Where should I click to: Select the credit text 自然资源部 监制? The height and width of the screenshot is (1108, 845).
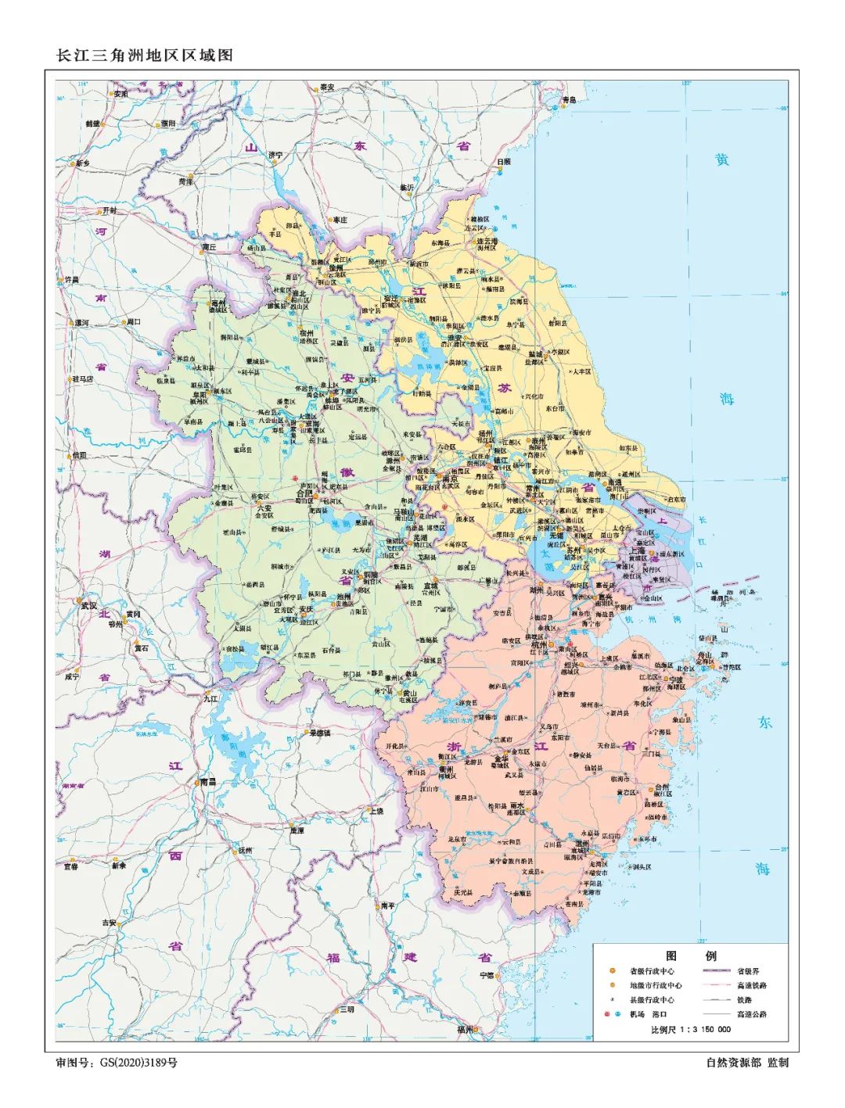point(746,1063)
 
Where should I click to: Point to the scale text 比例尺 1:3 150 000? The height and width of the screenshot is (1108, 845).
point(691,1029)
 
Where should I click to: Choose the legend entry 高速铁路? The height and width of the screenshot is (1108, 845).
point(751,985)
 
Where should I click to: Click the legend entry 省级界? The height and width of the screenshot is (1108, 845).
point(748,971)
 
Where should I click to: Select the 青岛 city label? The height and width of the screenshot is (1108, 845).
point(569,99)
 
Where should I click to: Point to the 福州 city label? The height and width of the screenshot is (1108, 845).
point(466,1030)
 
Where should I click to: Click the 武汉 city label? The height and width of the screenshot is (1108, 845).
point(88,605)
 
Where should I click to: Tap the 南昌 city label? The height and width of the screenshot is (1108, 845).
point(207,781)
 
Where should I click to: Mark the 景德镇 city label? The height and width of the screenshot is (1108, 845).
point(320,733)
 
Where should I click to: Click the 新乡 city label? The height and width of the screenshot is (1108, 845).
point(83,163)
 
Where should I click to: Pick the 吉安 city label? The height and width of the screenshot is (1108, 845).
point(108,923)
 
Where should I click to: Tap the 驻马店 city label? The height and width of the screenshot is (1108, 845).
point(82,378)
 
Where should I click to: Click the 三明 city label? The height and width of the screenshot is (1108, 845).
point(347,1009)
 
